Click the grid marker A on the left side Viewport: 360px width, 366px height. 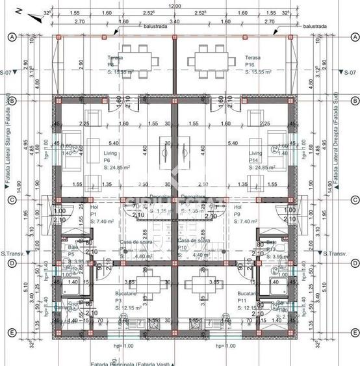(x=11, y=37)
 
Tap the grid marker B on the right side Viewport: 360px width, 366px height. (x=354, y=101)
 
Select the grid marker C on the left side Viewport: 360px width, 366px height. (x=11, y=200)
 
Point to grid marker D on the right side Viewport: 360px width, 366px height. (x=354, y=263)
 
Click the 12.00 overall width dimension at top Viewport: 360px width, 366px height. (x=174, y=6)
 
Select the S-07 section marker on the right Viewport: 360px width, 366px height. (x=350, y=72)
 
